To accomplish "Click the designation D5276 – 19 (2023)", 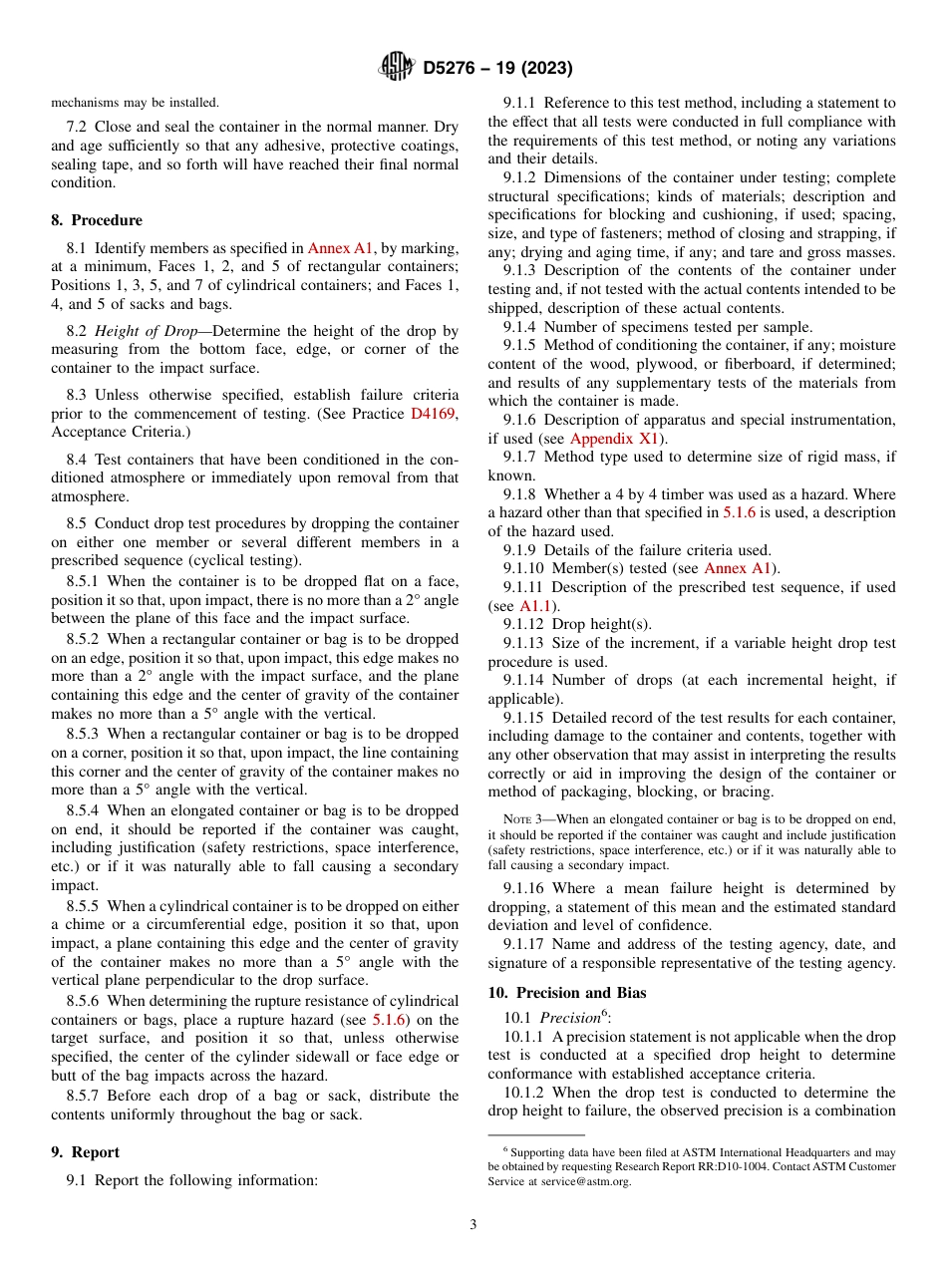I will point(497,68).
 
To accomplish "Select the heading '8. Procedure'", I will point(97,220).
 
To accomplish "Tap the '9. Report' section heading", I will point(85,1152).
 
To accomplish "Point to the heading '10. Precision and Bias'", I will point(566,993).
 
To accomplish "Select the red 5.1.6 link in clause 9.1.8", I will point(740,512).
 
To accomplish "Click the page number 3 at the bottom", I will point(473,1225).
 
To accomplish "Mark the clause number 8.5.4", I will point(84,811).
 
